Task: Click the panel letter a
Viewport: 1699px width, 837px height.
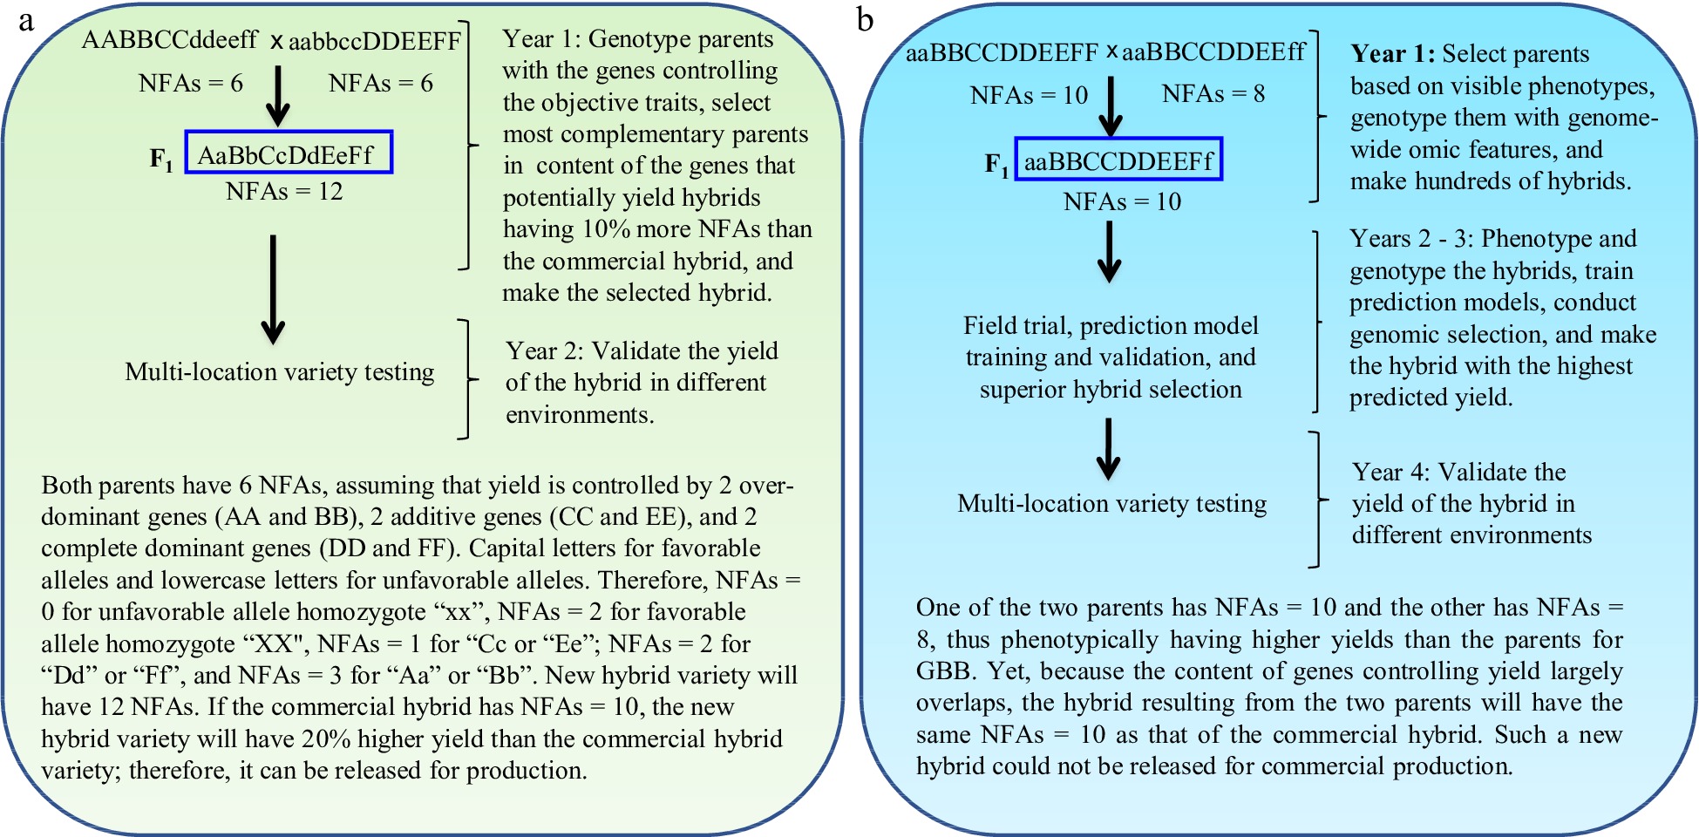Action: pos(26,20)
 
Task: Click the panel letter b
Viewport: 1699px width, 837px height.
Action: pos(865,20)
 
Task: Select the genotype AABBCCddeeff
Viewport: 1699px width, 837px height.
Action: pos(169,39)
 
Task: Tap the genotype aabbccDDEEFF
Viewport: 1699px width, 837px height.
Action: pos(375,41)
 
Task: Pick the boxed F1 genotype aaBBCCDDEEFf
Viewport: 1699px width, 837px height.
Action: pos(1118,161)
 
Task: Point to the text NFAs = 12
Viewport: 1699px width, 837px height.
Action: pos(284,191)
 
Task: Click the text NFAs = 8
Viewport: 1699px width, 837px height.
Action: pos(1213,93)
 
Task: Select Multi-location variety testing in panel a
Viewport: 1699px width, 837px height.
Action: pos(279,371)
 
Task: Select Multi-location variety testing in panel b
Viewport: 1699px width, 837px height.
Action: pos(1111,503)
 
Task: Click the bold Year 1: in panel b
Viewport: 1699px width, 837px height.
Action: pos(1392,54)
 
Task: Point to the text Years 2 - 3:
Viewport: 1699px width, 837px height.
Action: pos(1411,238)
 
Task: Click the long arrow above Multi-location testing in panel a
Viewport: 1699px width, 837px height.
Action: pos(273,289)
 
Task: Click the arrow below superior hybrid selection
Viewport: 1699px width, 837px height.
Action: pos(1108,448)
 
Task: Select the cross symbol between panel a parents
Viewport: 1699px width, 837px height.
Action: pos(276,41)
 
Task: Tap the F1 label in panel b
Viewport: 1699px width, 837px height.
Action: pos(996,163)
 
